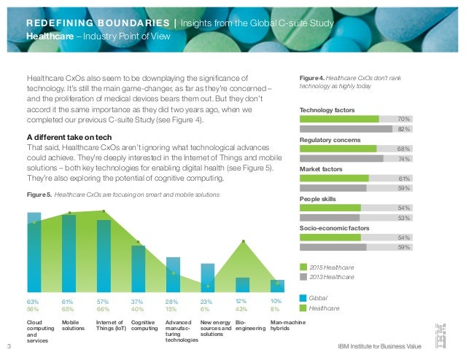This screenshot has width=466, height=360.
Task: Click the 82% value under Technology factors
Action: click(x=403, y=128)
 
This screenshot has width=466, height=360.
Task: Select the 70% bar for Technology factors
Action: click(x=340, y=118)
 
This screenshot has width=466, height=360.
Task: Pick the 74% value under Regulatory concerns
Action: click(x=403, y=158)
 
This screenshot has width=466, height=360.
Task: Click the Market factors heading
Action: click(x=322, y=168)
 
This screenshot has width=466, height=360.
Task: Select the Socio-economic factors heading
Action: click(x=335, y=228)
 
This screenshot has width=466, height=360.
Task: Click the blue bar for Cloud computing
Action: click(x=34, y=252)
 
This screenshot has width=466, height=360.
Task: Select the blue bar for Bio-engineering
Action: click(x=242, y=285)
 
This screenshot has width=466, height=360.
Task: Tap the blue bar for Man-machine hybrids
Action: click(x=277, y=286)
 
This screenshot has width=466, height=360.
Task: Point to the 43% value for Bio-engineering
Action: click(x=242, y=308)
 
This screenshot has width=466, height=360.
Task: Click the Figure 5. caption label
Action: click(x=39, y=195)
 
